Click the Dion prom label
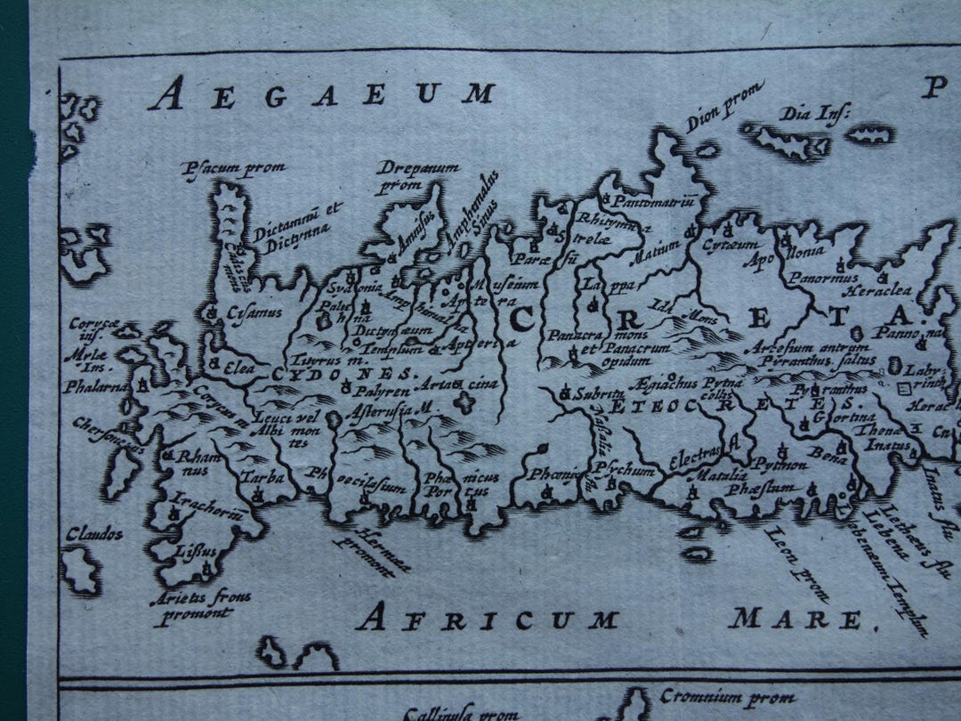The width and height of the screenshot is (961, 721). click(x=724, y=106)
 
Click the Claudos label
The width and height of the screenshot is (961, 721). click(x=93, y=534)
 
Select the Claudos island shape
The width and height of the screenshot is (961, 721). click(x=82, y=570)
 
